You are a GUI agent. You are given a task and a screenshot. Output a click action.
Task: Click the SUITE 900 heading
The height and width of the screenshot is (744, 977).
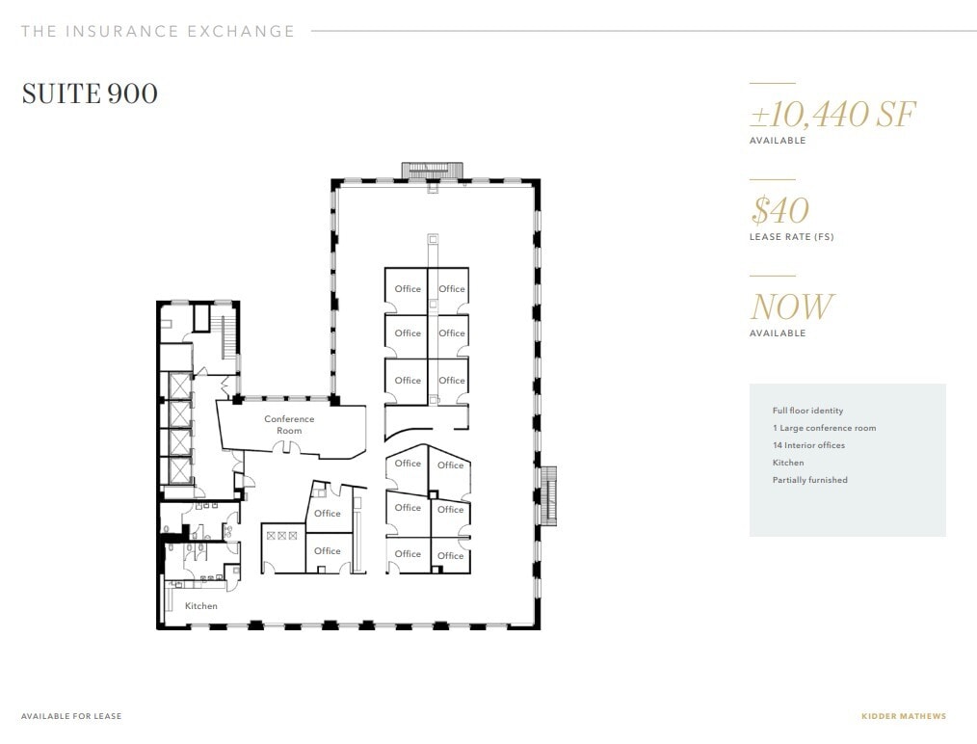tap(90, 93)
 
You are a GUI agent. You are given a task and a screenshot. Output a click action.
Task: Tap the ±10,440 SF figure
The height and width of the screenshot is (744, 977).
tap(832, 115)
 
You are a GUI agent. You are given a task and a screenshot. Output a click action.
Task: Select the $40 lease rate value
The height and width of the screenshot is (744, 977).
tap(779, 210)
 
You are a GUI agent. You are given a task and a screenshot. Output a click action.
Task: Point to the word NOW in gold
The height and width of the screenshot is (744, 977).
tap(791, 307)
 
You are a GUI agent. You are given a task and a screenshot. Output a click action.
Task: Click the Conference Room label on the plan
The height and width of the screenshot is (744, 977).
tap(289, 425)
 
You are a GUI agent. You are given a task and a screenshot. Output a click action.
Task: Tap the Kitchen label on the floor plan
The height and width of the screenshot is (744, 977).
tap(201, 606)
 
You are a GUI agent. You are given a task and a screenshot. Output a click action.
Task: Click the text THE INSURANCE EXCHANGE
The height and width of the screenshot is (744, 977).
tap(158, 31)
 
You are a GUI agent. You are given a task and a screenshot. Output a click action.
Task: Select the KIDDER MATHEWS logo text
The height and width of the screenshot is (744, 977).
tap(904, 716)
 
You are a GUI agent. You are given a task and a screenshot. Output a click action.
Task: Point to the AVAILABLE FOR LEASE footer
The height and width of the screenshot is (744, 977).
tap(71, 716)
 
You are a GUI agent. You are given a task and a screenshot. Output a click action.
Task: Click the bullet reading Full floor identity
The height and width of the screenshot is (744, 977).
tap(807, 411)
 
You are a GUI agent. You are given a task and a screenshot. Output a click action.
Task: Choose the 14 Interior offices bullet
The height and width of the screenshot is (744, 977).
tap(808, 445)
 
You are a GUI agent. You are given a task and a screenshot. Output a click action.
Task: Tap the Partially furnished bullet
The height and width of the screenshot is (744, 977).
tap(809, 480)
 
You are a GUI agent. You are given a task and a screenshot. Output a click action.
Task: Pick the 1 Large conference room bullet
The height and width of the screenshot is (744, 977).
tap(824, 428)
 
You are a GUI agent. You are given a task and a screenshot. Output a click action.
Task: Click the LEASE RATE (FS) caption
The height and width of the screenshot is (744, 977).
tap(791, 237)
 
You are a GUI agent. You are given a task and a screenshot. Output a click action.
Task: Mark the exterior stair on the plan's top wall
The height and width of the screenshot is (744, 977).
tap(433, 171)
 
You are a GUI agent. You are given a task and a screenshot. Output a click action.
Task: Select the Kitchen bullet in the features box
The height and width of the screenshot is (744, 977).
tap(788, 463)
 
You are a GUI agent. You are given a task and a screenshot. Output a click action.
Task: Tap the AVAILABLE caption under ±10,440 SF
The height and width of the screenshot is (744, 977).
tap(778, 141)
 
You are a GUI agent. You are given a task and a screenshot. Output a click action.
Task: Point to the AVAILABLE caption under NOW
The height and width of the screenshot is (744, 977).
tap(778, 333)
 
